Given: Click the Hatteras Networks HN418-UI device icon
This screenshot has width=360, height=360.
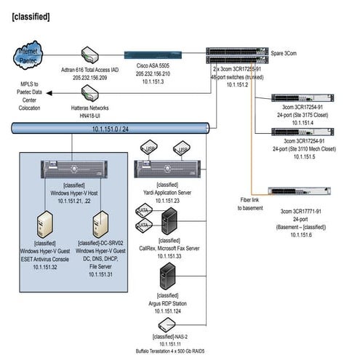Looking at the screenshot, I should (x=91, y=92).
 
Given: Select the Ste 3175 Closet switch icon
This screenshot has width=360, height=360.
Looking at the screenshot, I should (x=303, y=97).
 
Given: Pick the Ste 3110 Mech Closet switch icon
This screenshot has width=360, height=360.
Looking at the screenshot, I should (x=303, y=132).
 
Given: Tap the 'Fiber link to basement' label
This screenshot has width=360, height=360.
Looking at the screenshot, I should (x=251, y=203).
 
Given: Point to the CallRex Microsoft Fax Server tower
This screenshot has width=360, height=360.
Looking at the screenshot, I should (x=169, y=221).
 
